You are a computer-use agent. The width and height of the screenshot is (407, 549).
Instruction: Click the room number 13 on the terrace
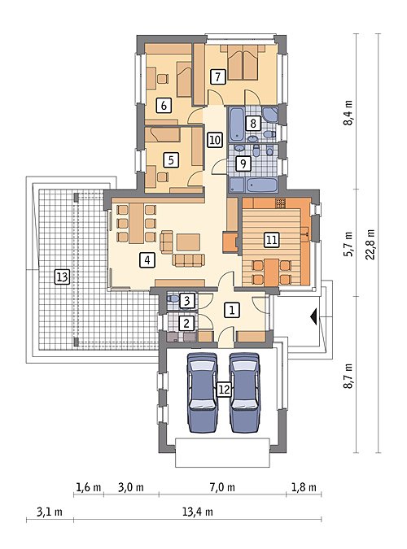click(x=62, y=277)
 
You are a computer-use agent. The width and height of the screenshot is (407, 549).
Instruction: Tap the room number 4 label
click(x=147, y=260)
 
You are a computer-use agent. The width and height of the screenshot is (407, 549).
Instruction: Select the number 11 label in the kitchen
click(x=271, y=240)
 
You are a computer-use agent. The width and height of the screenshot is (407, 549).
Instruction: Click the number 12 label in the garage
click(x=224, y=389)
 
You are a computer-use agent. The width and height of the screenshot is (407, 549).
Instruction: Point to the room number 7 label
click(x=218, y=76)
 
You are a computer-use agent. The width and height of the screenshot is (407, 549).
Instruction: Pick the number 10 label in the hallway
click(x=215, y=140)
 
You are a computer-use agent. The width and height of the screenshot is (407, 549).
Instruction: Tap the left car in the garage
click(x=202, y=393)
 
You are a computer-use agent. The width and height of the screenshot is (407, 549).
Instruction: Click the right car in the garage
click(x=245, y=393)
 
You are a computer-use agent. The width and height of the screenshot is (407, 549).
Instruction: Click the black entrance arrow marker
click(x=314, y=316)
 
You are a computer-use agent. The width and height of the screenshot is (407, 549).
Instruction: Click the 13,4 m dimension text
click(x=197, y=512)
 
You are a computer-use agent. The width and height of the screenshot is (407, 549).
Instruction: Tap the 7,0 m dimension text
click(x=222, y=487)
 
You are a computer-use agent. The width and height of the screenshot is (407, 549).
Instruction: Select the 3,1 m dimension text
click(x=50, y=512)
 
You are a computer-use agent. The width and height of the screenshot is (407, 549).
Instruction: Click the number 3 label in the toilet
click(x=187, y=301)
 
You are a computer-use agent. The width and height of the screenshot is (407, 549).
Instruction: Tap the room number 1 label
click(x=232, y=310)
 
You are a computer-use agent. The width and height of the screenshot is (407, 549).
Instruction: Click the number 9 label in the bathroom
click(x=243, y=163)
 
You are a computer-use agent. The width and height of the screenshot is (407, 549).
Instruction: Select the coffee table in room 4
click(x=188, y=242)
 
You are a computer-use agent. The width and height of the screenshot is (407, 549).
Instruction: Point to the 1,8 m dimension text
click(x=304, y=487)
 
